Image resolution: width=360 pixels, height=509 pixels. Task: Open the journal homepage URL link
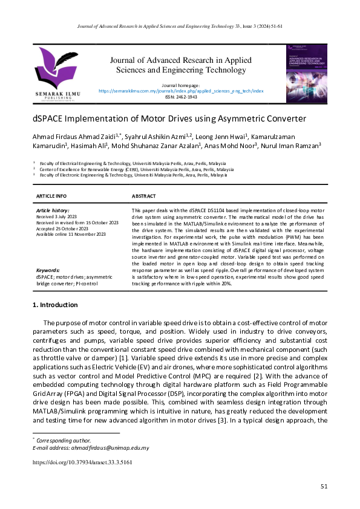tap(181, 91)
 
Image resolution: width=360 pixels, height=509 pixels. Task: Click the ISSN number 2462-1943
tap(181, 97)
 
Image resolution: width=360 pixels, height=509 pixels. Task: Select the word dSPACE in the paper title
tap(49, 118)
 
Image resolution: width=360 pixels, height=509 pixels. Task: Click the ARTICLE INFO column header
tap(51, 196)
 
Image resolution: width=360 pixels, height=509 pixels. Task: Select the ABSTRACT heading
tap(143, 196)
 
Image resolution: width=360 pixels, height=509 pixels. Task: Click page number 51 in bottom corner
tap(324, 486)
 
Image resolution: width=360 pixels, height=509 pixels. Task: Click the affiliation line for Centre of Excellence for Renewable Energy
tap(136, 170)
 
